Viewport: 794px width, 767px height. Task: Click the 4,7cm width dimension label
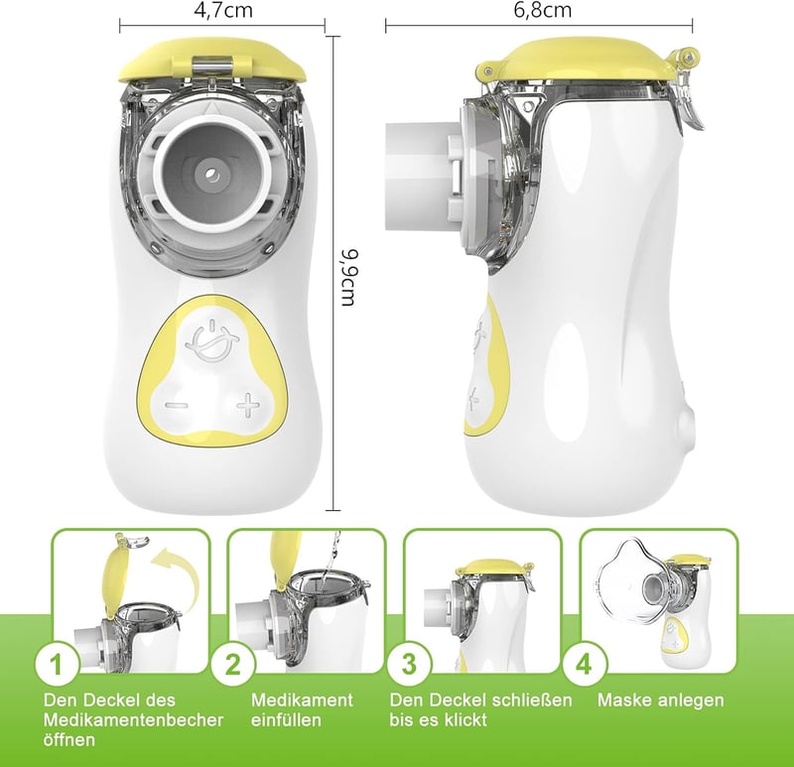(x=223, y=10)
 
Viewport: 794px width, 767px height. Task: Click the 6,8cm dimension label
(x=542, y=10)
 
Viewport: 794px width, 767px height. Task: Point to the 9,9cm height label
(x=349, y=278)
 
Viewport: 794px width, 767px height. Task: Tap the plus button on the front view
(x=248, y=405)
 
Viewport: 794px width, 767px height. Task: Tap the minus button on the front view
(x=177, y=405)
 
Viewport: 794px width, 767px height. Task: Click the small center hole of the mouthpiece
(x=212, y=176)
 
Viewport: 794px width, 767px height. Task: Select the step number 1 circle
(x=57, y=664)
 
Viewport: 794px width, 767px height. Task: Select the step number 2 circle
(x=232, y=664)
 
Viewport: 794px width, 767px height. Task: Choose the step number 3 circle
(x=409, y=664)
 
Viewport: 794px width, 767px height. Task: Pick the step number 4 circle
(x=584, y=664)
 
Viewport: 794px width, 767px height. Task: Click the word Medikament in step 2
(x=302, y=701)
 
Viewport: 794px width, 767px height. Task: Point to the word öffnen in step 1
(x=69, y=739)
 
